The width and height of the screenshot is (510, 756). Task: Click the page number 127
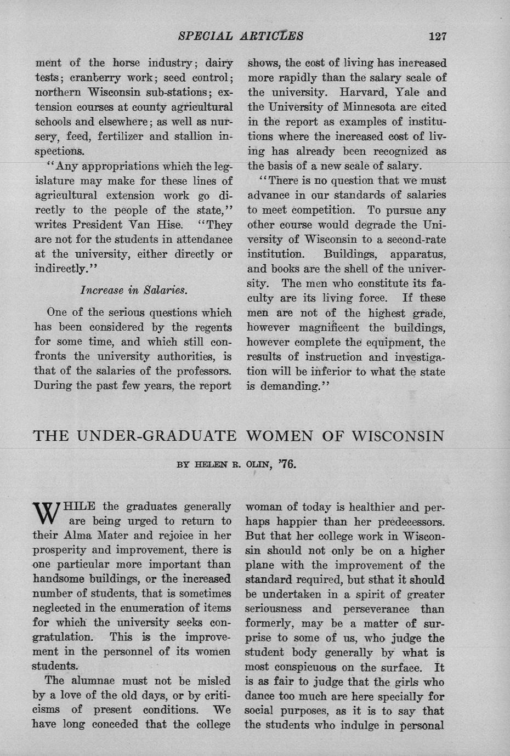point(438,36)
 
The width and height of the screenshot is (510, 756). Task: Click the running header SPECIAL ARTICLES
point(241,36)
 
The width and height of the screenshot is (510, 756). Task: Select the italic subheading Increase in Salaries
point(134,289)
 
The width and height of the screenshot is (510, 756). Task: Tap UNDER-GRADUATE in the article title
point(156,436)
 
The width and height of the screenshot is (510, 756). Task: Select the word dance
point(263,697)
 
